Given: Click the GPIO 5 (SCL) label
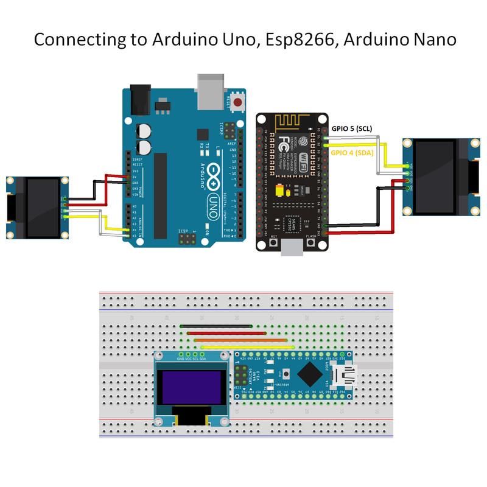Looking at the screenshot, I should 352,129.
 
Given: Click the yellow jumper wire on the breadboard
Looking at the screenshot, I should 248,347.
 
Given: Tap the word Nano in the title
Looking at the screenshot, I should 434,40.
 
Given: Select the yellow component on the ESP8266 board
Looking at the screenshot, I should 281,192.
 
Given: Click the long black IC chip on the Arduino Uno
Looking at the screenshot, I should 160,195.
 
